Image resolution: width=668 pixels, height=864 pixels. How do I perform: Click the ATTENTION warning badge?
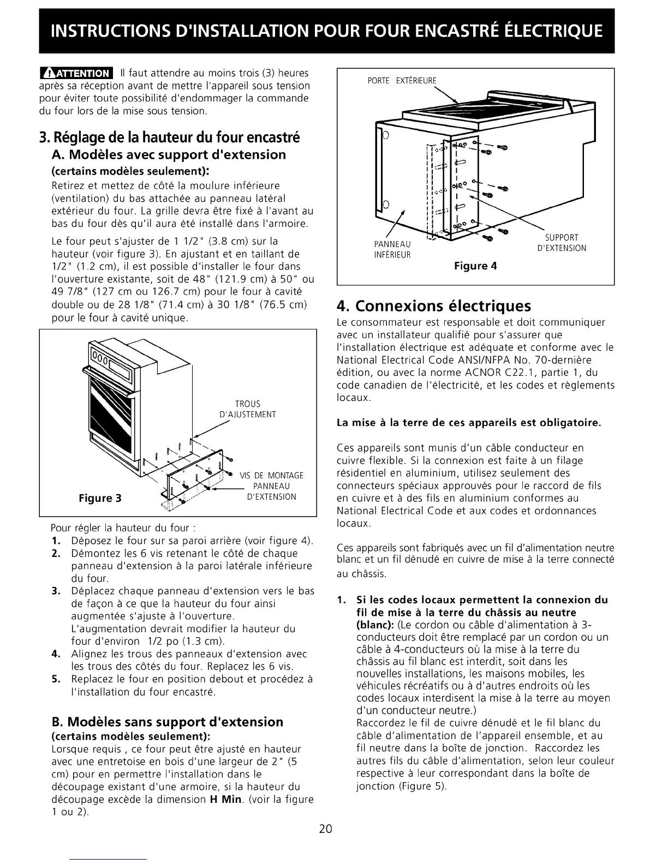tap(76, 73)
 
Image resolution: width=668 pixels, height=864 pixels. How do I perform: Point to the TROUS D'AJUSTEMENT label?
tap(248, 409)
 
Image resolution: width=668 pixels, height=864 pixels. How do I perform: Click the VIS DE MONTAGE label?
tap(272, 476)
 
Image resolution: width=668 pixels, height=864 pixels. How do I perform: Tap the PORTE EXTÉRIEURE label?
tap(403, 81)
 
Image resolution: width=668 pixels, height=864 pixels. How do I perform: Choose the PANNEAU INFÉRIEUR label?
tap(392, 249)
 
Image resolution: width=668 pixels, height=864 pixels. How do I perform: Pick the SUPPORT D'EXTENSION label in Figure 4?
tap(562, 243)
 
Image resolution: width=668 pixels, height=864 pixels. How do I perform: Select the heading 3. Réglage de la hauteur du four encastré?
tap(170, 136)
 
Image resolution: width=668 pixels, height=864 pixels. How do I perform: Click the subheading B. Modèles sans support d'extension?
tap(167, 722)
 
